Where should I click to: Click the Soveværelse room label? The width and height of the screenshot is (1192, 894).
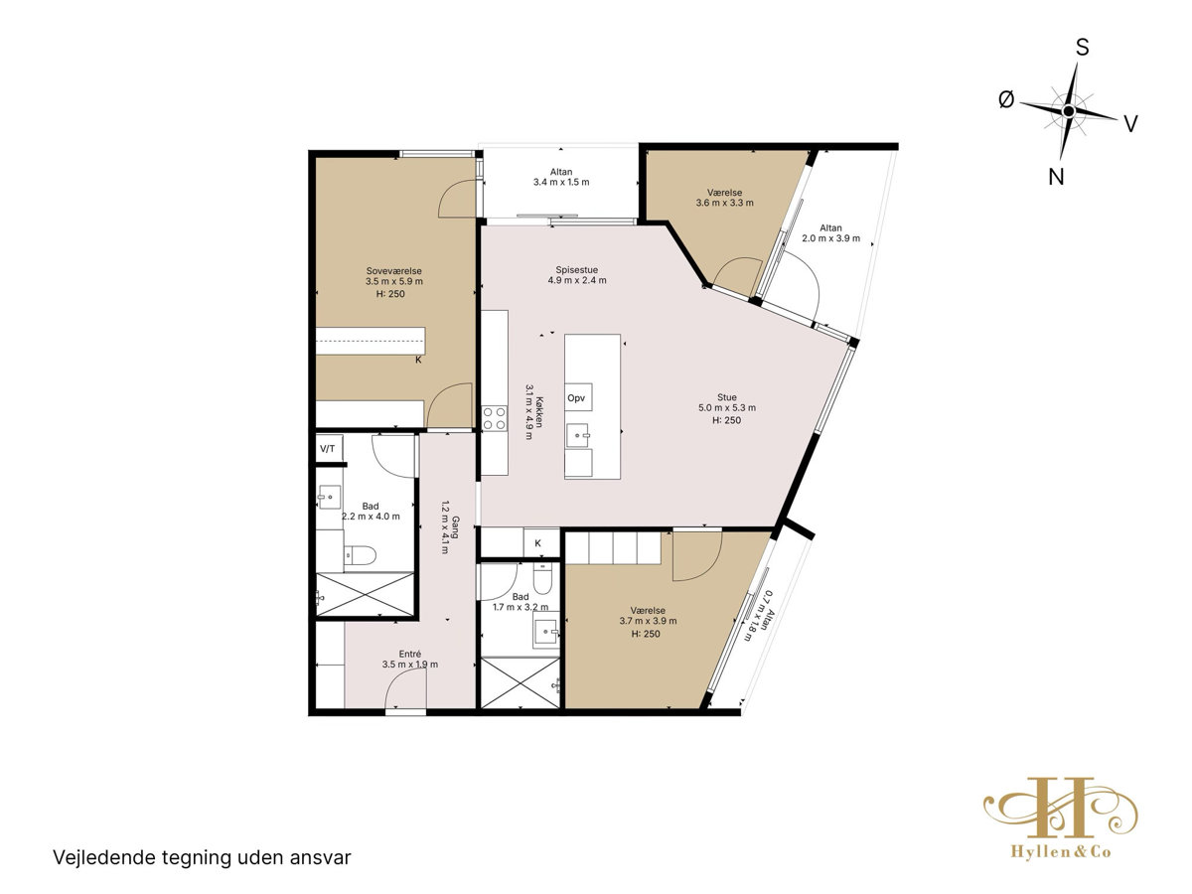(x=393, y=271)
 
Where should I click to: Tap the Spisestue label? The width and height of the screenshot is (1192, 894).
(x=577, y=270)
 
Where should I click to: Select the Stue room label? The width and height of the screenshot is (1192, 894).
(x=726, y=397)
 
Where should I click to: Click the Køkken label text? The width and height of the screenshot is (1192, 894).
(x=538, y=412)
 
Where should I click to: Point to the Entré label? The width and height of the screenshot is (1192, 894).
(x=409, y=654)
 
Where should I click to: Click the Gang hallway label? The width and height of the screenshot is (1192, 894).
(x=455, y=526)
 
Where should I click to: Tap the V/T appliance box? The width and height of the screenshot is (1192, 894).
(x=328, y=449)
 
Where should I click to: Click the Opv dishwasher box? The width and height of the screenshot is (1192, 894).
(x=578, y=398)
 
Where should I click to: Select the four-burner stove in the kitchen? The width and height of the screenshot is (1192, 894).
(x=494, y=418)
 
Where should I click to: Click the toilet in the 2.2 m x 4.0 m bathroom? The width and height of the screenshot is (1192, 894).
(x=360, y=555)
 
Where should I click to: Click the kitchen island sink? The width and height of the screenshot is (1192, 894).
(x=577, y=435)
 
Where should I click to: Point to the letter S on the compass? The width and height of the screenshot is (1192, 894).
(x=1083, y=48)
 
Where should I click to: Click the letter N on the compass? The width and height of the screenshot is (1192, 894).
(x=1056, y=177)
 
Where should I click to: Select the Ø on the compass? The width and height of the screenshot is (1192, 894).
(x=1006, y=99)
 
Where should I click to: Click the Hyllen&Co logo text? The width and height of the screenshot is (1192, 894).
(x=1061, y=851)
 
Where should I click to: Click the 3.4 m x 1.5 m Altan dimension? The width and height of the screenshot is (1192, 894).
(x=561, y=183)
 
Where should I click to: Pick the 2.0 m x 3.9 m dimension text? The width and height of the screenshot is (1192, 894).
(x=830, y=238)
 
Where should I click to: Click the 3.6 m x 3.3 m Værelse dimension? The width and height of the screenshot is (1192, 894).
(x=724, y=203)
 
